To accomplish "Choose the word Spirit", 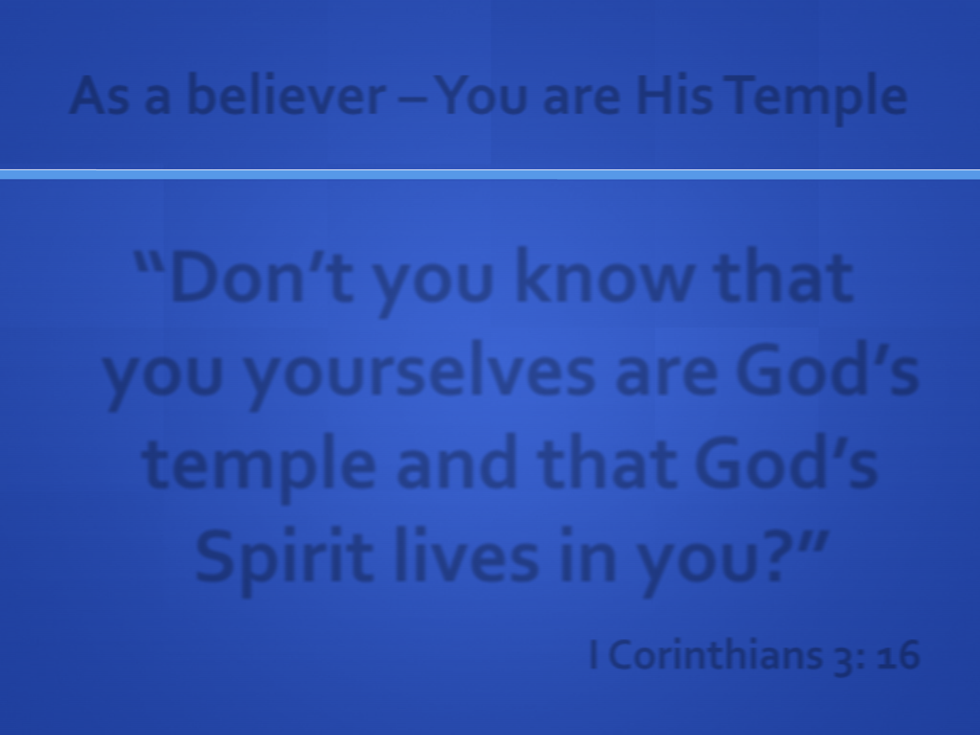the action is pyautogui.click(x=284, y=561).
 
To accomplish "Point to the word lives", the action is pyautogui.click(x=466, y=555).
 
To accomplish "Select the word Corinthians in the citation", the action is pyautogui.click(x=720, y=655).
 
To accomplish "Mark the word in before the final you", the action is pyautogui.click(x=588, y=555).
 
